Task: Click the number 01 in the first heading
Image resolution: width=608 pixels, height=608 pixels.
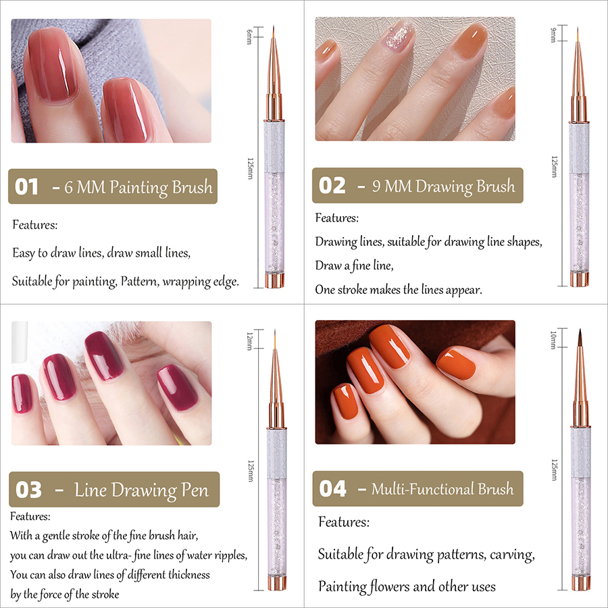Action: click(26, 186)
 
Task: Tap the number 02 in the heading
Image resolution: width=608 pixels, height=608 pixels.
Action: click(332, 185)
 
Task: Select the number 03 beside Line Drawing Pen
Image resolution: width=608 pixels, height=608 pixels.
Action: click(28, 489)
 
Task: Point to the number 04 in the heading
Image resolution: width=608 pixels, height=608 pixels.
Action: click(332, 488)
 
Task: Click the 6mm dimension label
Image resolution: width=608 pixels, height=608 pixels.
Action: click(250, 36)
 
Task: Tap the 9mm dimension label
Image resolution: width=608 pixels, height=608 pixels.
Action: click(554, 34)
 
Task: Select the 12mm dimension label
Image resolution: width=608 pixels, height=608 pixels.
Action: click(250, 341)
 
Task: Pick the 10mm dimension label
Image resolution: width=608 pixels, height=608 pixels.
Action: click(554, 340)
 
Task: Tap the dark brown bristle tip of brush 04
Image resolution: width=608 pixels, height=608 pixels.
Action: click(580, 337)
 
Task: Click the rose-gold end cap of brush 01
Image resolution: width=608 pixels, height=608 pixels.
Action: click(274, 280)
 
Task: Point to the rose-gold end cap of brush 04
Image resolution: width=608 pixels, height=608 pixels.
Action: click(580, 583)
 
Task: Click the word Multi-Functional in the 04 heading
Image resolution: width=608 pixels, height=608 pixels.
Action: click(422, 488)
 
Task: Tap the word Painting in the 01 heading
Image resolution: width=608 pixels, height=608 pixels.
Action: click(138, 188)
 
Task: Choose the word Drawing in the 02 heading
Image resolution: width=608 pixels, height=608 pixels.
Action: click(444, 186)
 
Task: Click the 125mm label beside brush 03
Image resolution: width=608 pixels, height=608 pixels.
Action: click(251, 471)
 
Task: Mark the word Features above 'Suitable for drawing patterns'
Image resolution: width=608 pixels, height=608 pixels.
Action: click(344, 522)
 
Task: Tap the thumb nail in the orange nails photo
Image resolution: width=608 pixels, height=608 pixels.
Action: click(456, 364)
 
